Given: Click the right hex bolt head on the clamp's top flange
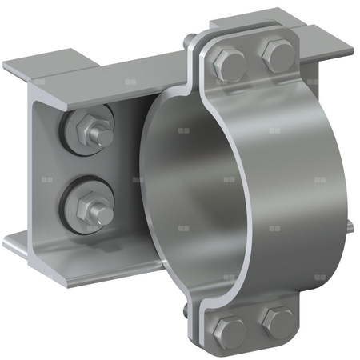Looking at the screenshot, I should pyautogui.click(x=275, y=54).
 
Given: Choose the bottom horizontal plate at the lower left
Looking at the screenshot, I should pyautogui.click(x=72, y=256).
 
